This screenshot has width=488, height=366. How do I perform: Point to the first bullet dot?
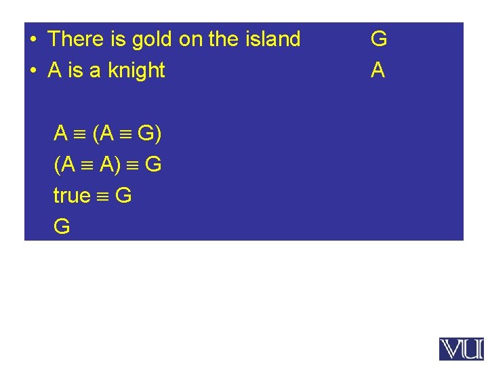click(x=33, y=39)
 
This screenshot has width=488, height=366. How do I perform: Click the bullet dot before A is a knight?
click(x=33, y=70)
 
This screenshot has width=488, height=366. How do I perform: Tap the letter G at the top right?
click(x=379, y=39)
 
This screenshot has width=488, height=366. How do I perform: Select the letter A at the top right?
click(x=378, y=70)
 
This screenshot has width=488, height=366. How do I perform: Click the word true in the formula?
click(x=72, y=196)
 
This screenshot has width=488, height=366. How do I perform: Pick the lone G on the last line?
click(x=62, y=227)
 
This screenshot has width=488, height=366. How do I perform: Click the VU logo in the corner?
click(x=462, y=349)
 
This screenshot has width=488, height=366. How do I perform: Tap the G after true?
click(x=123, y=196)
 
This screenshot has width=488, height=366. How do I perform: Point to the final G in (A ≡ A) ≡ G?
click(x=153, y=165)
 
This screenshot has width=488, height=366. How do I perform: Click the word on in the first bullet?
click(x=190, y=39)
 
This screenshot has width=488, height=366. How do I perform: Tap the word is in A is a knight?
click(x=80, y=70)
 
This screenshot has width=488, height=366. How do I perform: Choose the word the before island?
click(x=223, y=39)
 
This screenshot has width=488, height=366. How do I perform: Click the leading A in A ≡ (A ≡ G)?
click(x=61, y=134)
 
